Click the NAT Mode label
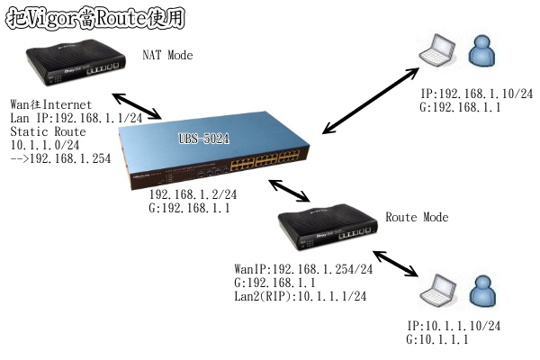point(167,56)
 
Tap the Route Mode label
point(416,218)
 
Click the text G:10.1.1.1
point(437,339)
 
